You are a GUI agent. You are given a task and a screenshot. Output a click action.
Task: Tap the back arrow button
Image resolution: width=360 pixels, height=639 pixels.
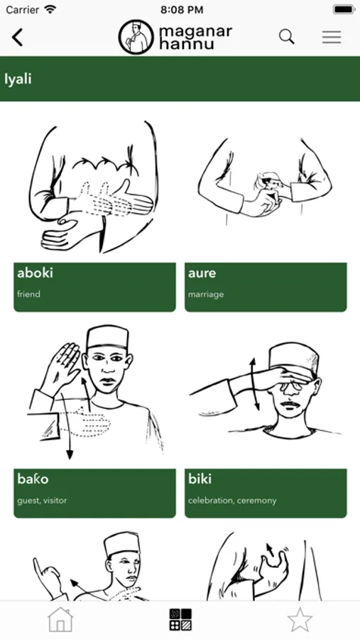(18, 37)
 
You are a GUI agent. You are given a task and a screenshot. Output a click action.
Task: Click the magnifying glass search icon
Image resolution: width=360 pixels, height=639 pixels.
(287, 37)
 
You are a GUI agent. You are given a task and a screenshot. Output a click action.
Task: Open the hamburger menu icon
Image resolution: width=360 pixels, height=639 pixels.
(332, 37)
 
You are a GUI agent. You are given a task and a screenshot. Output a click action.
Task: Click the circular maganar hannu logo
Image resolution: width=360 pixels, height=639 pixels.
(136, 37)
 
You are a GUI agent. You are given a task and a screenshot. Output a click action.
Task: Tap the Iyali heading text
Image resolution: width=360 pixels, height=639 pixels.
(18, 79)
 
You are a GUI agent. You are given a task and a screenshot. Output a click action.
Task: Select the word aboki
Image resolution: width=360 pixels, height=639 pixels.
(35, 273)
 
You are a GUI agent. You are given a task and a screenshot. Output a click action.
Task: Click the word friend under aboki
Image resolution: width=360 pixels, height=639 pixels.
(28, 294)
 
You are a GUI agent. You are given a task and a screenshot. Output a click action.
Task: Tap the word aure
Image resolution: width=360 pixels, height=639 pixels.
(202, 273)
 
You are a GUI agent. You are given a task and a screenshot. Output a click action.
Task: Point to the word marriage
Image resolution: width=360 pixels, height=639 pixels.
(206, 294)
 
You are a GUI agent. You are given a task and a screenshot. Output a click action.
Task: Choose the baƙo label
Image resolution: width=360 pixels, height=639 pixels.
(33, 479)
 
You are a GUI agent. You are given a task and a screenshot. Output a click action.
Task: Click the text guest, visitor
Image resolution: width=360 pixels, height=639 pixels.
(42, 501)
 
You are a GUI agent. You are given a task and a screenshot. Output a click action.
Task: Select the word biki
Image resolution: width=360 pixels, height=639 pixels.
(200, 479)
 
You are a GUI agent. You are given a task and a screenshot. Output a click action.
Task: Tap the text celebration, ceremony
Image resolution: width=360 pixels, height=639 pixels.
(232, 501)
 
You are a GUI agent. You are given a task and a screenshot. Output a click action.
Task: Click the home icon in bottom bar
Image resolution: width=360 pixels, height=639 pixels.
(60, 620)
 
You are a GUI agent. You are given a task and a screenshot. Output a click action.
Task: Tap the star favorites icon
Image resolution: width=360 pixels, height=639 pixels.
(300, 620)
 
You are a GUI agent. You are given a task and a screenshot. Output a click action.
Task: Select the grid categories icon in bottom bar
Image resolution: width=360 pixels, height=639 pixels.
(180, 620)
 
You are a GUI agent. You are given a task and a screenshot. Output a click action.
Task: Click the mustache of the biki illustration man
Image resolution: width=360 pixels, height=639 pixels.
(290, 404)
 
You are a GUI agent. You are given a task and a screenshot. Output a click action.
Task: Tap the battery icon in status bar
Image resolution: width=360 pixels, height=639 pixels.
(344, 9)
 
